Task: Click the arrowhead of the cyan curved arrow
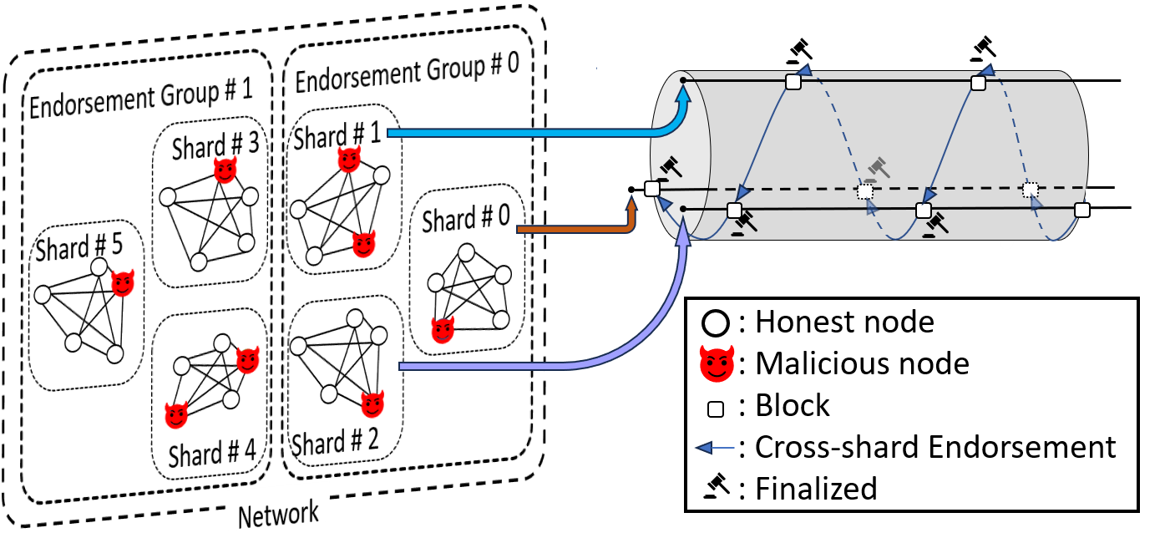683,93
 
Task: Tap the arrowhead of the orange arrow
631,203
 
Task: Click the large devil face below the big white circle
717,364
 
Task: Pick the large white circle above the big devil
716,323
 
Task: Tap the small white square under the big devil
716,409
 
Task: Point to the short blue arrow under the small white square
714,448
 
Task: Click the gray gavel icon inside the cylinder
876,169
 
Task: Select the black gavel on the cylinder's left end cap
669,167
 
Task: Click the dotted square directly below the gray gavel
865,191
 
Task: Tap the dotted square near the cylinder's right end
1031,190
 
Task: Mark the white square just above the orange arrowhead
652,189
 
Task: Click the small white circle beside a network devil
221,343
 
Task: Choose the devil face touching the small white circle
247,360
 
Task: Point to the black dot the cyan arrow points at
683,80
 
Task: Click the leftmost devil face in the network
123,283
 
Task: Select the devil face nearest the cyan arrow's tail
348,159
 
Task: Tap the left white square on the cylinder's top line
793,82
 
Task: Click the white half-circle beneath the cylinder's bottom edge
1006,245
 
